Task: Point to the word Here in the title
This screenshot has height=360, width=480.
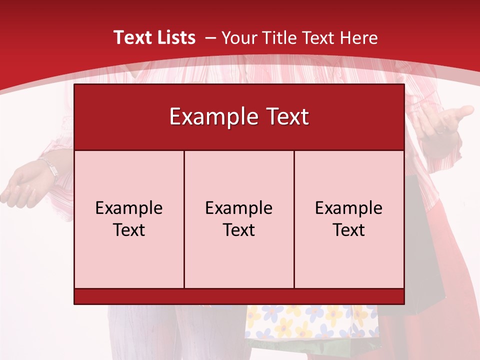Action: pyautogui.click(x=358, y=38)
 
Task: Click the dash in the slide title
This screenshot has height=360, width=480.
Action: pyautogui.click(x=210, y=38)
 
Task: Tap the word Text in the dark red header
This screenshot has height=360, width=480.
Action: pyautogui.click(x=286, y=117)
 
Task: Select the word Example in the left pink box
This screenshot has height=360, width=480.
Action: pyautogui.click(x=129, y=208)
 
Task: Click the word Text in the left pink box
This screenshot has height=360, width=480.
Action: pyautogui.click(x=129, y=230)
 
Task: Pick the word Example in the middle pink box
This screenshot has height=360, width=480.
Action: pyautogui.click(x=239, y=208)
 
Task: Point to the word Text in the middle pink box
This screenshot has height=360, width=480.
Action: pyautogui.click(x=239, y=230)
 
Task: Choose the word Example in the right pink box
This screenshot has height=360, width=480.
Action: pyautogui.click(x=349, y=208)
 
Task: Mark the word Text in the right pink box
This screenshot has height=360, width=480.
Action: pyautogui.click(x=349, y=230)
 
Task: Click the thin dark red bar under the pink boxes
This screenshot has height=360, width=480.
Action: pyautogui.click(x=239, y=296)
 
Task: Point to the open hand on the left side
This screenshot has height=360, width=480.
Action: pyautogui.click(x=22, y=187)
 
